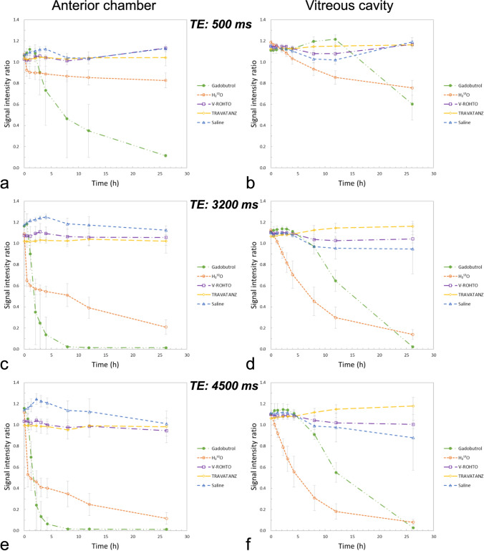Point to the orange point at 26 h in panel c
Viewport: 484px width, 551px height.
coord(165,327)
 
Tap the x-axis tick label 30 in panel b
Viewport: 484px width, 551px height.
coord(432,176)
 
